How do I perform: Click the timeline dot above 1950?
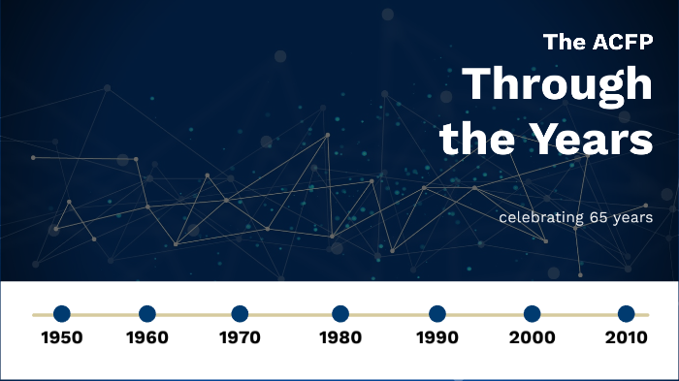(61, 314)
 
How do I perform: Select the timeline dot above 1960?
(147, 314)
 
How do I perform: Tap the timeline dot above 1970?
(240, 314)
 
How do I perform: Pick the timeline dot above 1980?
(340, 314)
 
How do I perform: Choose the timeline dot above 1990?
(437, 314)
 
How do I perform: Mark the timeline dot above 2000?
(532, 314)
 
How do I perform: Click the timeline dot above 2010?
(627, 314)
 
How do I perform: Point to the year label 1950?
(61, 338)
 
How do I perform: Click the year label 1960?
(147, 338)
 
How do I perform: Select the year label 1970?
(240, 338)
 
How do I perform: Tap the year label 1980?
(340, 338)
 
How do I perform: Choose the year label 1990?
(437, 338)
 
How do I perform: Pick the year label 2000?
(532, 338)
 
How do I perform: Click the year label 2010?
(627, 338)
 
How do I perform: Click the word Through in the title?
(557, 86)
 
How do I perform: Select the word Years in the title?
(596, 140)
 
